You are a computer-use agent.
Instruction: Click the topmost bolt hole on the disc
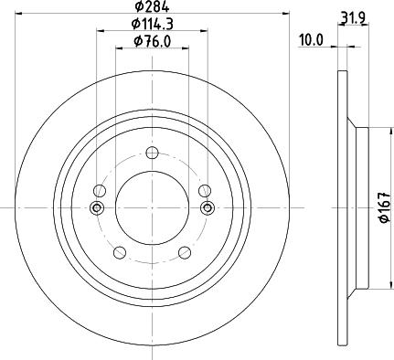(151, 155)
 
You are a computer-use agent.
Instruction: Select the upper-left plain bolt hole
(101, 190)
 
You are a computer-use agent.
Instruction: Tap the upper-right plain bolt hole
(202, 190)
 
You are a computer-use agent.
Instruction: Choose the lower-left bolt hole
(118, 251)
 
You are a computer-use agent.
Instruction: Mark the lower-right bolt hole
(184, 251)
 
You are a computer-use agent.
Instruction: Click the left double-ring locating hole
(96, 208)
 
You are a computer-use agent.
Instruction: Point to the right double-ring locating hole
(207, 208)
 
